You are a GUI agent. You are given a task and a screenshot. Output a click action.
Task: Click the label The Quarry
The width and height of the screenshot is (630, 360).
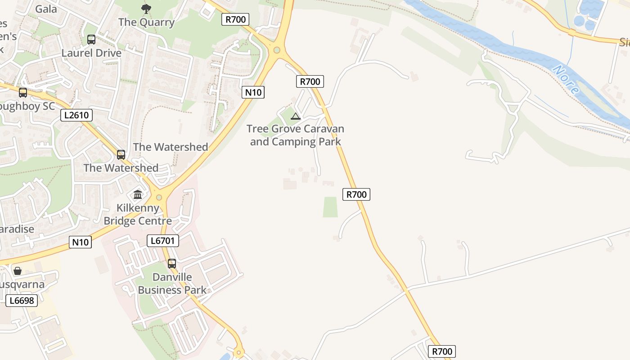tap(146, 22)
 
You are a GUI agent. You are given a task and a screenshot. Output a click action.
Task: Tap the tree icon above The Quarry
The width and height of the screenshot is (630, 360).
tap(146, 8)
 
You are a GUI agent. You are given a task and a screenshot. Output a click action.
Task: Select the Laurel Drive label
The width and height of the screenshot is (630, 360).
tap(91, 53)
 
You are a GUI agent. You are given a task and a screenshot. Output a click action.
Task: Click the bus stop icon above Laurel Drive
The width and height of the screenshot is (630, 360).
tap(91, 40)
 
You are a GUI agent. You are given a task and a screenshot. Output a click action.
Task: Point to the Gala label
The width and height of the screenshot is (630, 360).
tap(46, 9)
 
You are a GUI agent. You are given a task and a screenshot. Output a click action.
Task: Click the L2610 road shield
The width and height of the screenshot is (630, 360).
tap(76, 115)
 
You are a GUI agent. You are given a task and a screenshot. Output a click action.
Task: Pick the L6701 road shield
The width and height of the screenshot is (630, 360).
tap(163, 241)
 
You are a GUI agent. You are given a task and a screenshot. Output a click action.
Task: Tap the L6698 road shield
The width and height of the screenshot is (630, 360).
tap(22, 301)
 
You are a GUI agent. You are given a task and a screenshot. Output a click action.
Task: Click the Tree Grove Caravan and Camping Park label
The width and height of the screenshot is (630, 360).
tap(295, 135)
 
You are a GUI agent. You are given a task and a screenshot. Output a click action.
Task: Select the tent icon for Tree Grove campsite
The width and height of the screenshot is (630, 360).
tap(295, 117)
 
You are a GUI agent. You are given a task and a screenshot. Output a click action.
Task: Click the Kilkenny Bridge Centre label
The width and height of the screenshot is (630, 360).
tap(138, 214)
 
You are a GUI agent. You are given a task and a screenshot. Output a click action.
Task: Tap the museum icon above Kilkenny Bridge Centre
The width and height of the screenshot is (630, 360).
tap(138, 195)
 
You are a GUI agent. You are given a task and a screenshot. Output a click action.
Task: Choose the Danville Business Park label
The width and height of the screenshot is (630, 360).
tap(172, 283)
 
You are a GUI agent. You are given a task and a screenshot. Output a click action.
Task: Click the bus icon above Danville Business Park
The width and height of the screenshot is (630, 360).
tap(172, 264)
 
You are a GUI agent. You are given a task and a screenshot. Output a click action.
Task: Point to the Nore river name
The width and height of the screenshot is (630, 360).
tap(566, 79)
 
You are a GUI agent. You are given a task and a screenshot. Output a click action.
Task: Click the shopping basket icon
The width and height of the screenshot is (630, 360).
tap(18, 271)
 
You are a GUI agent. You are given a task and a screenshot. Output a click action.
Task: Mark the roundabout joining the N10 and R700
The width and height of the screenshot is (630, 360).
tap(277, 50)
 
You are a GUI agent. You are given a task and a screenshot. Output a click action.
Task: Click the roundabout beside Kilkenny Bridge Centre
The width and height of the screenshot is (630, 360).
tap(158, 197)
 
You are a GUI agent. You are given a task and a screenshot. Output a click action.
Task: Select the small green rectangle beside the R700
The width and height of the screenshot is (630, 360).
tap(330, 207)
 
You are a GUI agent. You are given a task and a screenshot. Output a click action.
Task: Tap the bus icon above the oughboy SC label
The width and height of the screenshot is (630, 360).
tap(23, 93)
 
